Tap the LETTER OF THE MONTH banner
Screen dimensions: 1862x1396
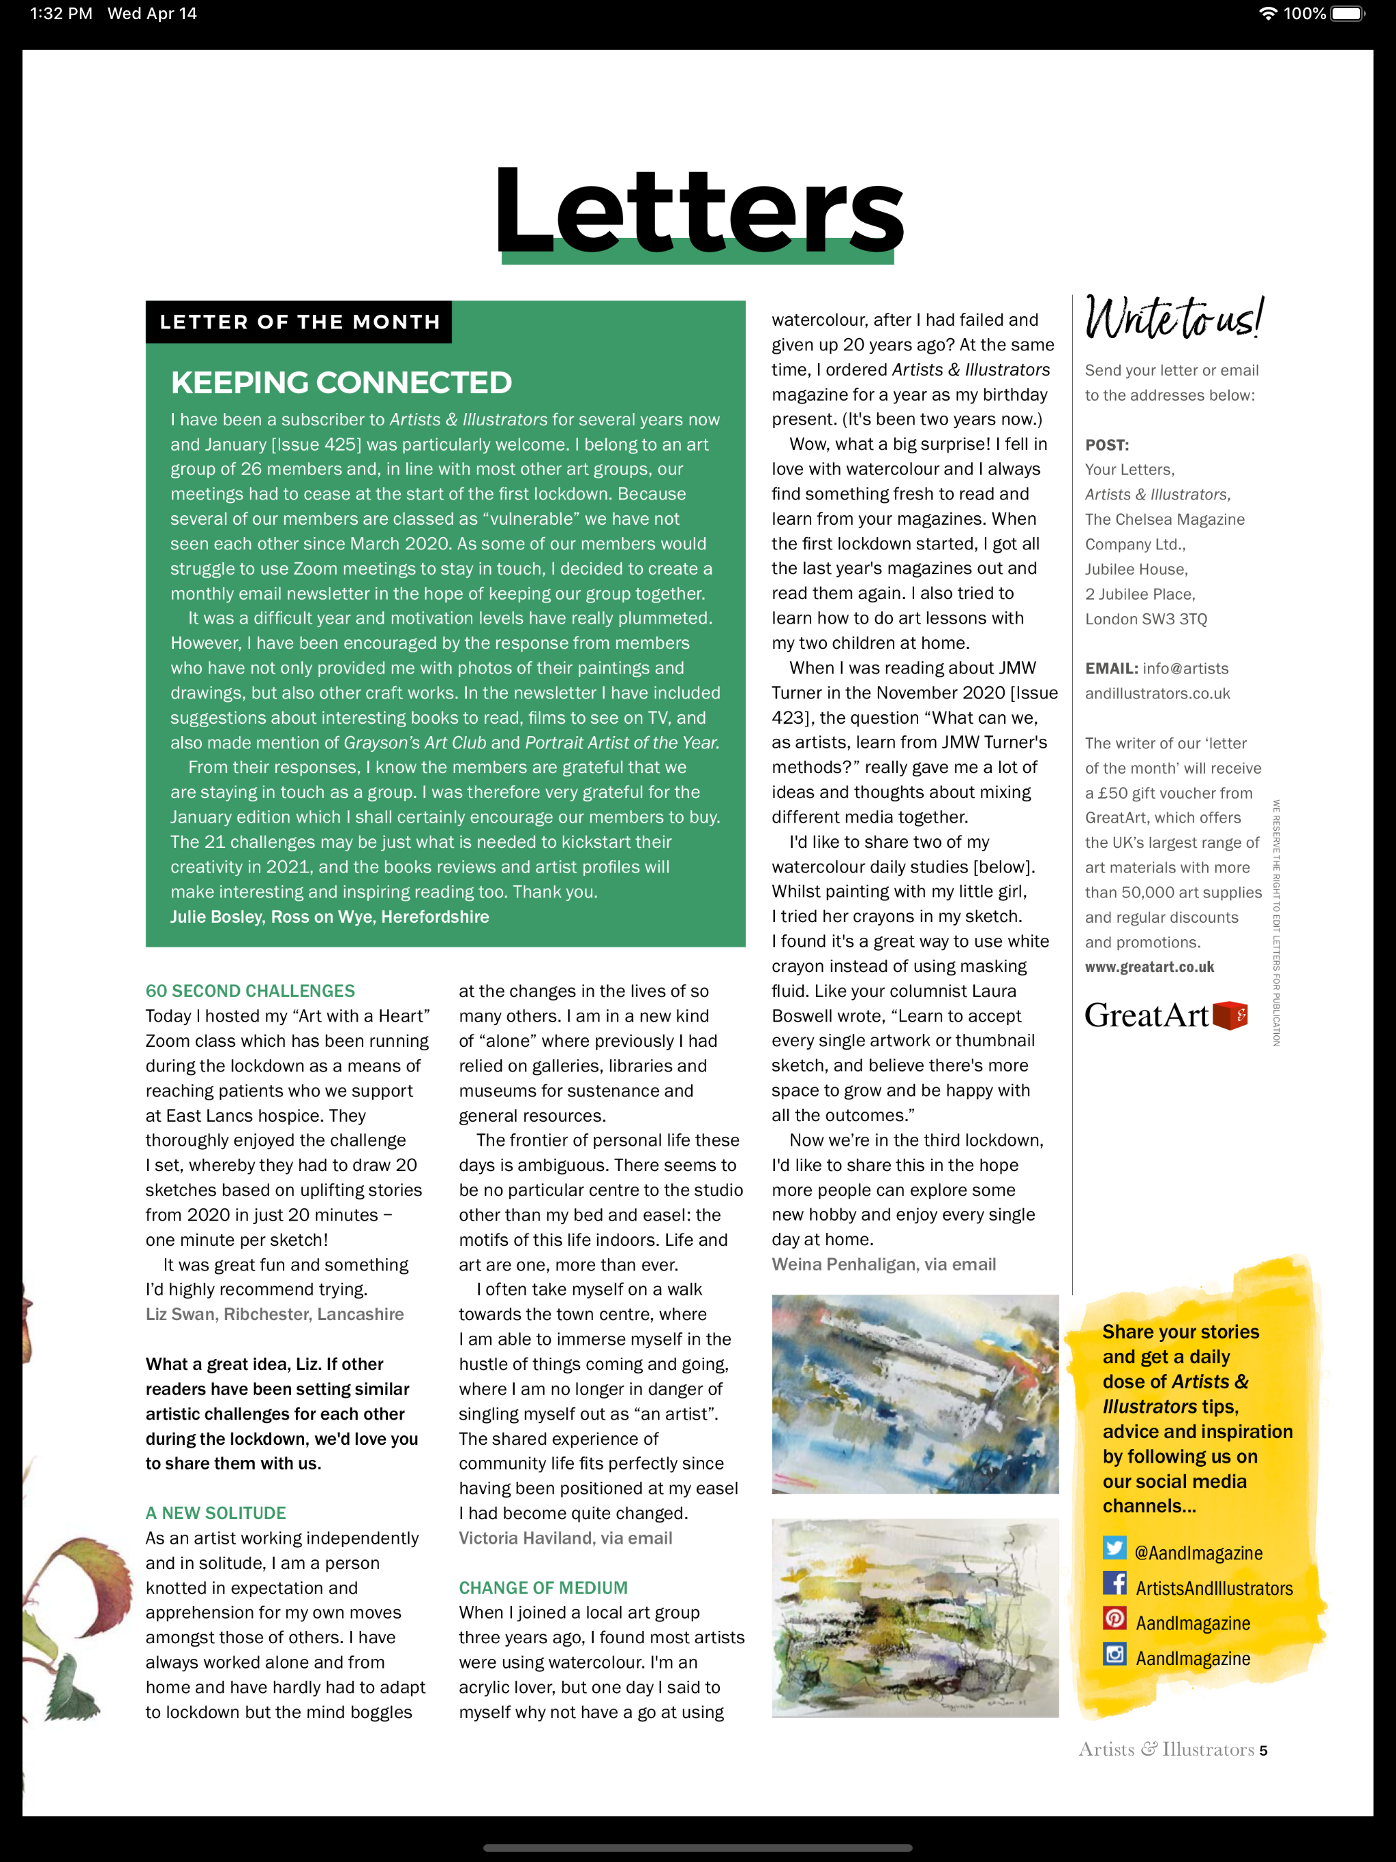click(299, 322)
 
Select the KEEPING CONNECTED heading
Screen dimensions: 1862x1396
click(341, 383)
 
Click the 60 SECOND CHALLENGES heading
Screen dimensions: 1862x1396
click(250, 991)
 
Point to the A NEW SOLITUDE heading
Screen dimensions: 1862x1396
click(215, 1512)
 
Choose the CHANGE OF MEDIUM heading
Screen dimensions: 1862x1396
click(543, 1587)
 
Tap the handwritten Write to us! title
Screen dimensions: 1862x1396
click(1173, 319)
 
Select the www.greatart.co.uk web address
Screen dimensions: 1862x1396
click(1149, 967)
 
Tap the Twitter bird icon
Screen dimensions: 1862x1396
click(1114, 1548)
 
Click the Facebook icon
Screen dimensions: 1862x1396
click(1114, 1583)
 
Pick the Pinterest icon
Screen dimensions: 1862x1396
click(1114, 1619)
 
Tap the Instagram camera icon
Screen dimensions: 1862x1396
click(1114, 1654)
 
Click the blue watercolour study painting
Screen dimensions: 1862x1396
click(915, 1394)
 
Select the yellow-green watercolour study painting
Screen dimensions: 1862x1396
click(915, 1618)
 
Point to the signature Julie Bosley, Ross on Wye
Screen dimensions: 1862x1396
click(329, 917)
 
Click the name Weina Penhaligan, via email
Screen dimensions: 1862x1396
click(883, 1264)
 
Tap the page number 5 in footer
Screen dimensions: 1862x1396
click(1263, 1751)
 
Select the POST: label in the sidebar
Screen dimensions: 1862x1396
click(1106, 445)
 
